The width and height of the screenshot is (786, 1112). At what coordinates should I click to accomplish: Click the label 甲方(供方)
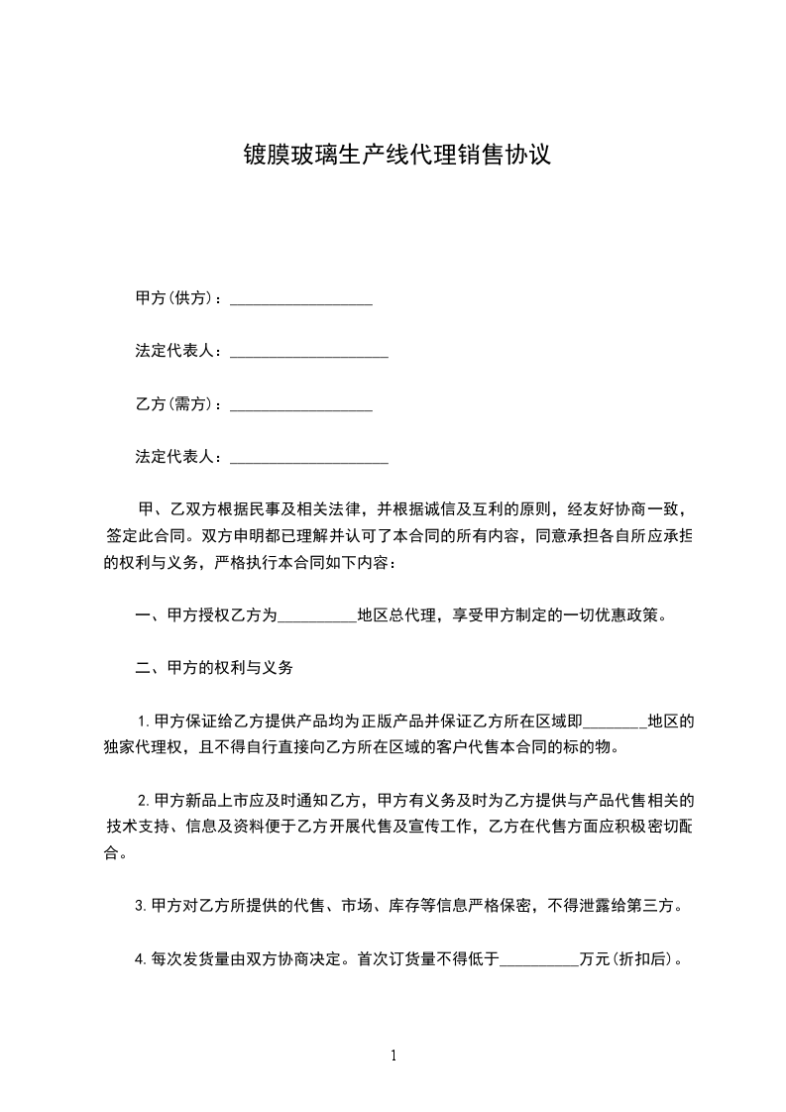click(x=176, y=297)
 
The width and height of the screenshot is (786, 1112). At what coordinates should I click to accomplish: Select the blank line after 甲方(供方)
click(x=301, y=300)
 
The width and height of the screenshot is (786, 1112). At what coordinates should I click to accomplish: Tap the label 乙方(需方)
click(x=176, y=404)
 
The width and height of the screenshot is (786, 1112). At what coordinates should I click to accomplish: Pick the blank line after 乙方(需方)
click(x=301, y=407)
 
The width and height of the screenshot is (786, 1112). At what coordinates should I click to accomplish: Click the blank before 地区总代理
click(x=317, y=617)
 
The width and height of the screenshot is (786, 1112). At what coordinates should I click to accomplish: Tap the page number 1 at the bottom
click(x=393, y=1056)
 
